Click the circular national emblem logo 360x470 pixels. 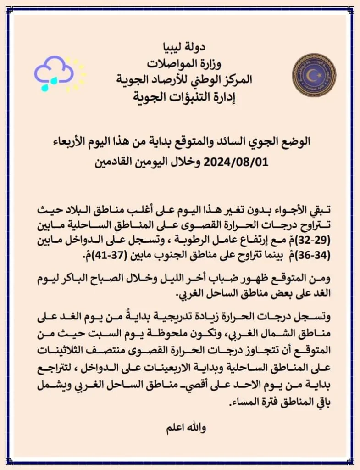314,75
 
